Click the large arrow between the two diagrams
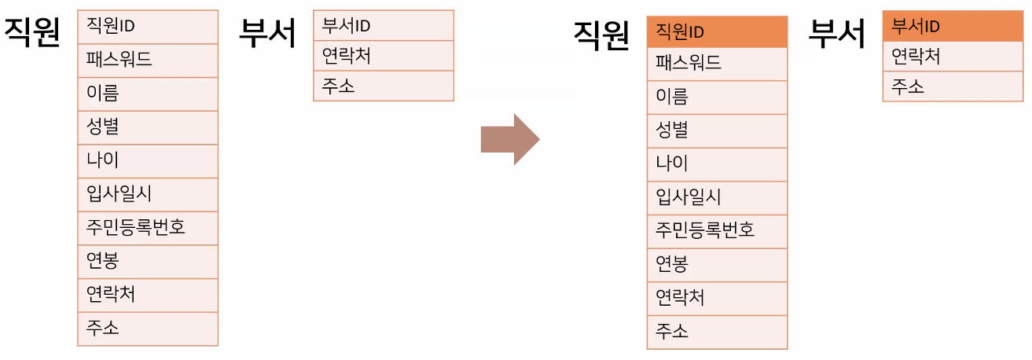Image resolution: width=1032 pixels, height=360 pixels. click(510, 139)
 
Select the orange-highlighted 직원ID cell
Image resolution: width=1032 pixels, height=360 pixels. click(717, 31)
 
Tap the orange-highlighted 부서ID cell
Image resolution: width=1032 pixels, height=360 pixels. click(953, 27)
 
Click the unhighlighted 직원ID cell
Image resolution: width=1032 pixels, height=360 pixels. click(147, 27)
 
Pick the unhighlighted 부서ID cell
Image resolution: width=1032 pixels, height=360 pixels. click(383, 25)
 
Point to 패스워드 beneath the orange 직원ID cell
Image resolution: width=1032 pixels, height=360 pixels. click(717, 64)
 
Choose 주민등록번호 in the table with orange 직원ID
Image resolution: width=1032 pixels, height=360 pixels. click(717, 231)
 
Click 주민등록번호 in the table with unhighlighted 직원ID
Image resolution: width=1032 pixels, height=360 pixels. click(147, 228)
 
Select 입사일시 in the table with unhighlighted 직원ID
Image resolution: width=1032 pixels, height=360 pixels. click(147, 194)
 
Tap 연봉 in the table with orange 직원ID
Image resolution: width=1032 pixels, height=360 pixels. click(717, 265)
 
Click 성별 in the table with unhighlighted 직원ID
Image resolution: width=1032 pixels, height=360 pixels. click(147, 127)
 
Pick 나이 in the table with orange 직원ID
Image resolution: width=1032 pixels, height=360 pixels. click(717, 164)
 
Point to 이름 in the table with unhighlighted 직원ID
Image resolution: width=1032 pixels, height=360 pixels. click(147, 94)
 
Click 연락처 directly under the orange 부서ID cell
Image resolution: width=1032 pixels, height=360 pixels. click(953, 57)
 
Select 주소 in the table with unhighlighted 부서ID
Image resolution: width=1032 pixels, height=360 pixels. click(383, 86)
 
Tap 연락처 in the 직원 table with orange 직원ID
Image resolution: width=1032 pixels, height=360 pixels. click(717, 299)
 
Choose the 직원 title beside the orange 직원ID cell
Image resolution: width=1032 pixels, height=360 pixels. click(602, 35)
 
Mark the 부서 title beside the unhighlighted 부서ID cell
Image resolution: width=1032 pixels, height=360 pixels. click(267, 34)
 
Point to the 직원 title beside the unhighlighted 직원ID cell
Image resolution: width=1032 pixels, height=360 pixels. click(33, 34)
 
